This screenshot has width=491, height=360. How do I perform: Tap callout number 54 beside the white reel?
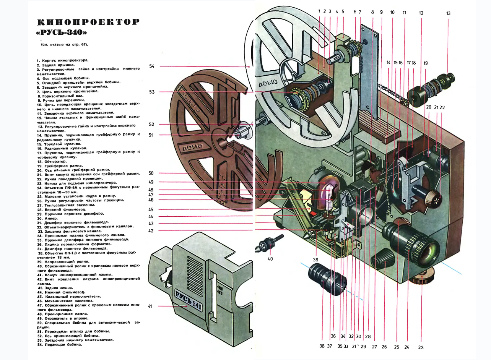point(152,66)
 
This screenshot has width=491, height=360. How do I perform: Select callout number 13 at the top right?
point(448,13)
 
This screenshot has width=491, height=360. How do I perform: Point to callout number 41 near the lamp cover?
point(150,306)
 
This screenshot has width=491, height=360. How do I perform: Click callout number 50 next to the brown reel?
point(151,173)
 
